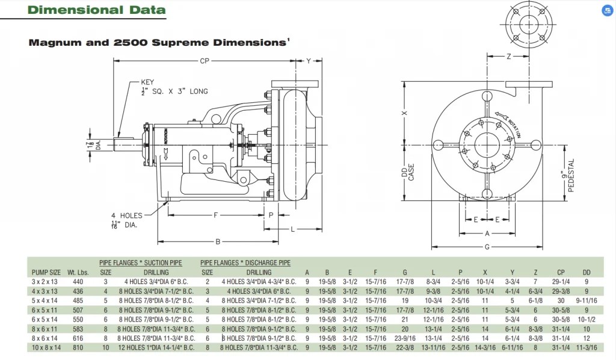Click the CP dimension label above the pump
pos(205,61)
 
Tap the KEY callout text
pos(147,82)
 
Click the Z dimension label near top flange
pos(508,57)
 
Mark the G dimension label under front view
pos(487,247)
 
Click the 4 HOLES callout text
pos(126,216)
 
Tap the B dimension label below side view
pos(218,242)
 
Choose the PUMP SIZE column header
pos(46,272)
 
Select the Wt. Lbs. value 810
pos(78,348)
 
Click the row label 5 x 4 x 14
pos(46,300)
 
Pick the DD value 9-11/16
pos(587,300)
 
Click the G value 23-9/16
pos(405,338)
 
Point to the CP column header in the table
pos(561,272)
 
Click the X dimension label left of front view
pos(405,113)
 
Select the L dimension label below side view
pos(292,229)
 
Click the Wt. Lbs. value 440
pos(78,281)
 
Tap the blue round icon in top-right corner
pos(607,11)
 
